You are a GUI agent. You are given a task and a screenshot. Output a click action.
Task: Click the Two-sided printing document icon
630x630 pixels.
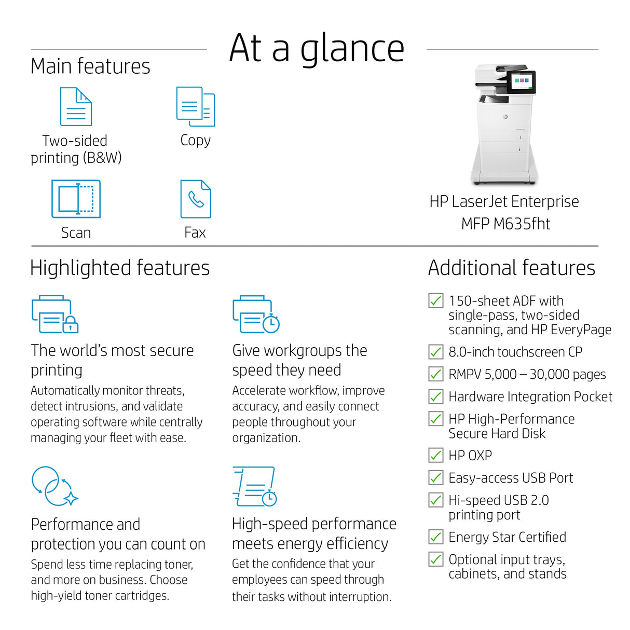(x=76, y=106)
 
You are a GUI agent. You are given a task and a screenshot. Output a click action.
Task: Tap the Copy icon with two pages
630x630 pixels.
(x=196, y=106)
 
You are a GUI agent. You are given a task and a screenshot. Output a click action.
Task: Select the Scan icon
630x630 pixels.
(x=76, y=198)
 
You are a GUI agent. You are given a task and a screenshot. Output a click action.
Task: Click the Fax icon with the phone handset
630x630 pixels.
(x=196, y=198)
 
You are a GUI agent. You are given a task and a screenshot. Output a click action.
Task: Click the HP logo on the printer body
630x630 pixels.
(x=505, y=117)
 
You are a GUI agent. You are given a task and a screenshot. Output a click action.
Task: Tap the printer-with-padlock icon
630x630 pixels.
(x=55, y=314)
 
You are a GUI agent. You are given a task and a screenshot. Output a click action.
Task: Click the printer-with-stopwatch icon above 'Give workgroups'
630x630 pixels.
(x=256, y=314)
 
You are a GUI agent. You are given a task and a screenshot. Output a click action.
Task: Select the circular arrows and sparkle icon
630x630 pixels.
(x=54, y=486)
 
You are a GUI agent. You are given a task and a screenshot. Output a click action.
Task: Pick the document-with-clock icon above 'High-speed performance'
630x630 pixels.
(x=254, y=486)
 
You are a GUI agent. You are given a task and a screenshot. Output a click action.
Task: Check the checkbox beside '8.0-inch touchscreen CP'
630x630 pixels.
(x=436, y=352)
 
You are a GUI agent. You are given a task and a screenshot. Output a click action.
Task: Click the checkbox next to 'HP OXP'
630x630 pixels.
(x=436, y=455)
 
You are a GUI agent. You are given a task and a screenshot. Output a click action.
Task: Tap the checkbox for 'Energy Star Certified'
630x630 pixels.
(x=436, y=537)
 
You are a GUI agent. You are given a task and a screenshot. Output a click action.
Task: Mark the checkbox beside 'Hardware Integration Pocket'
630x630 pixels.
(x=436, y=396)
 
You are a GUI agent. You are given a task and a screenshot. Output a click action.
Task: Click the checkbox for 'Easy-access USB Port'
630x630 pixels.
(x=436, y=477)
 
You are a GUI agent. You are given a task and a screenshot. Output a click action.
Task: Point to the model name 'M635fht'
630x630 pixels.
(x=522, y=224)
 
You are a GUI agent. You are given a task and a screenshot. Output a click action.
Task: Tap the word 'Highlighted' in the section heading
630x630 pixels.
(x=81, y=269)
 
